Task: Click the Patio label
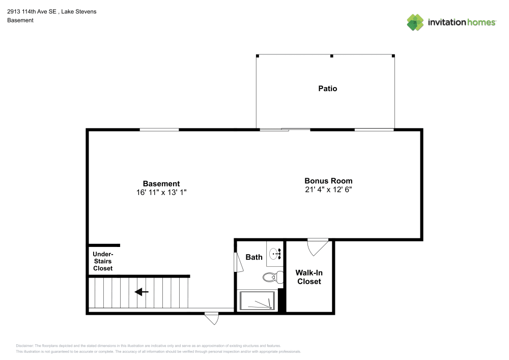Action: tap(327, 89)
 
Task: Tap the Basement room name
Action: tap(161, 184)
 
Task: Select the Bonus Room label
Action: tap(328, 181)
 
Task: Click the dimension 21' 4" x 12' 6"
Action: tap(328, 189)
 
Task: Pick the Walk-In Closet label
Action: tap(309, 277)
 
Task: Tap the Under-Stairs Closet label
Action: tap(103, 261)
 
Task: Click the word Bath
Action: tap(254, 257)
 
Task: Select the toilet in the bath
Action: tap(273, 278)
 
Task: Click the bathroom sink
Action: tap(275, 253)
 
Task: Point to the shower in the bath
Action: tap(257, 301)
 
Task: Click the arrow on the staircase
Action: tap(141, 292)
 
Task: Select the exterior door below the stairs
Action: tap(211, 318)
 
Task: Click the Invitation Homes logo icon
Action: tap(415, 22)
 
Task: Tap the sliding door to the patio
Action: tap(285, 130)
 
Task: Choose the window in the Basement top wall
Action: tap(159, 130)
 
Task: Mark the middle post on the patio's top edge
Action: tap(331, 56)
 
